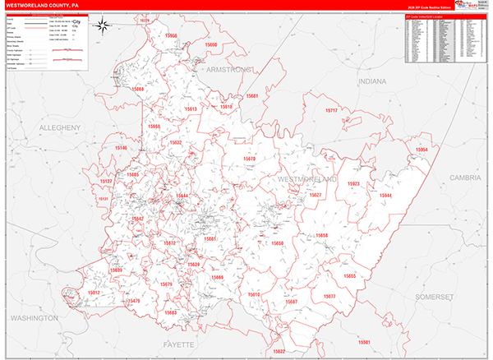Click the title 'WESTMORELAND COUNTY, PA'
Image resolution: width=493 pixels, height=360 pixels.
[46, 6]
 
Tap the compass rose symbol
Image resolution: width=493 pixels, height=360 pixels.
[104, 25]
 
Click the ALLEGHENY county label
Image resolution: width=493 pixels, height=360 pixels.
[60, 127]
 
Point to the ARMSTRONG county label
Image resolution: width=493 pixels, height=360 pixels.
[232, 72]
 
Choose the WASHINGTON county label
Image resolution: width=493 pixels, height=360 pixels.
[34, 317]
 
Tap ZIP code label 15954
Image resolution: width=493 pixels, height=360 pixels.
[422, 150]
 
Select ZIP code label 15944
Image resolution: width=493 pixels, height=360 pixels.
[385, 196]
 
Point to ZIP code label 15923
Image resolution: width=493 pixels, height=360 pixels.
[353, 183]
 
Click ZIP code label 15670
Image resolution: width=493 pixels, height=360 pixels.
[250, 158]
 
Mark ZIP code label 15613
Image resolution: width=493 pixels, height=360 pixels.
[191, 108]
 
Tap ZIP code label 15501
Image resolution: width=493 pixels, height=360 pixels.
[364, 342]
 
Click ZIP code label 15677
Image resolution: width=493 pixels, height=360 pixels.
[329, 296]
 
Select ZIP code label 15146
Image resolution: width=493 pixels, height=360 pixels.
[121, 148]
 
